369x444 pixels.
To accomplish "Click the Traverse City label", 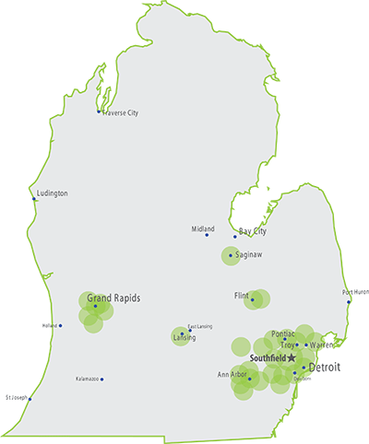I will pyautogui.click(x=120, y=113).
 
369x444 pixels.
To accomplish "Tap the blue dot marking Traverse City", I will pyautogui.click(x=99, y=112).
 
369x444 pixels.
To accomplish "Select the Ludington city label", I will pyautogui.click(x=53, y=193).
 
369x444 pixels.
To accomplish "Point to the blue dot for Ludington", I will pyautogui.click(x=34, y=198).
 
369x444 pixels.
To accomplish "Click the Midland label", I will pyautogui.click(x=202, y=228).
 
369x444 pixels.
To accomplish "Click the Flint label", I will pyautogui.click(x=243, y=297).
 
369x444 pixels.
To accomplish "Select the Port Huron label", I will pyautogui.click(x=355, y=293).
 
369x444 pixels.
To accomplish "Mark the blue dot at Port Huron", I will pyautogui.click(x=349, y=301).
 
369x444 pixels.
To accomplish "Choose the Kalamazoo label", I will pyautogui.click(x=88, y=380).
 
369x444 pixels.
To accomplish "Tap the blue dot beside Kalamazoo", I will pyautogui.click(x=102, y=380).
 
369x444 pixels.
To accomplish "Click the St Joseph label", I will pyautogui.click(x=16, y=398).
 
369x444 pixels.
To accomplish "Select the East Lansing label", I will pyautogui.click(x=199, y=326).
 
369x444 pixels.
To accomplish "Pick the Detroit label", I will pyautogui.click(x=324, y=368).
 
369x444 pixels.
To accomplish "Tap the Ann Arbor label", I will pyautogui.click(x=232, y=375).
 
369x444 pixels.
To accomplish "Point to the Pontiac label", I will pyautogui.click(x=282, y=334).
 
